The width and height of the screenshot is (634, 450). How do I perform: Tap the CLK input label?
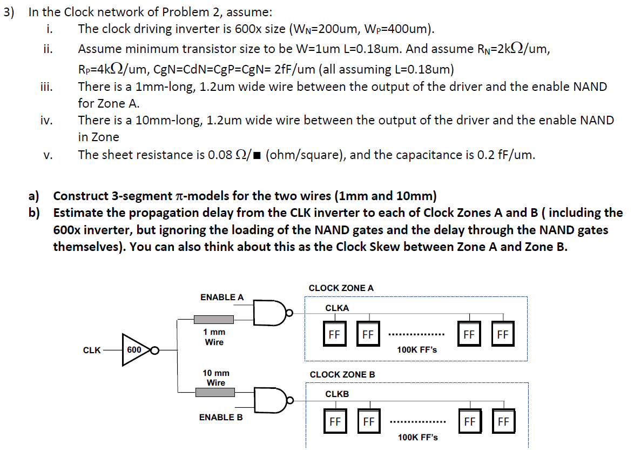click(x=92, y=350)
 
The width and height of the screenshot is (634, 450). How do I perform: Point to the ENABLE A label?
click(x=222, y=297)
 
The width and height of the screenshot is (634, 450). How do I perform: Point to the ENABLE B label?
click(x=221, y=418)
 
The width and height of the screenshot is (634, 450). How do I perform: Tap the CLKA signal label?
click(x=337, y=308)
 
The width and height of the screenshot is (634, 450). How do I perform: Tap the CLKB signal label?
click(x=337, y=394)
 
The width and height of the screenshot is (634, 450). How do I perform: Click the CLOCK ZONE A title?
click(x=341, y=288)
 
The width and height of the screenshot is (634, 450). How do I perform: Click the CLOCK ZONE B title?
click(x=342, y=374)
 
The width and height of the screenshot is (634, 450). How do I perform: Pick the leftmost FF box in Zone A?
click(x=334, y=334)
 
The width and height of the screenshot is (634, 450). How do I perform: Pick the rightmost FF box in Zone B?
click(x=503, y=421)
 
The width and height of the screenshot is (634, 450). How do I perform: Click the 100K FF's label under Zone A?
click(x=417, y=350)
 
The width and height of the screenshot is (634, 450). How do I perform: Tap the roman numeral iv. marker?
click(x=46, y=121)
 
